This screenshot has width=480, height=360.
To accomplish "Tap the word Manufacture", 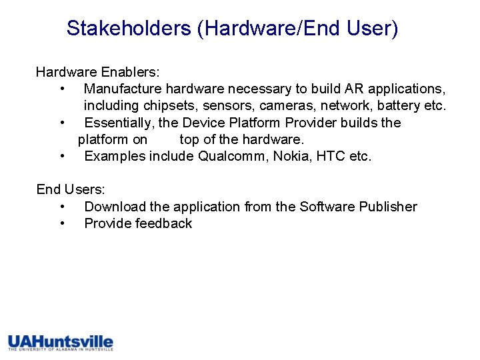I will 123,89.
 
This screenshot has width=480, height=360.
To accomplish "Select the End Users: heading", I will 71,190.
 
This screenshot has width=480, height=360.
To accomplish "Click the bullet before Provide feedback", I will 61,224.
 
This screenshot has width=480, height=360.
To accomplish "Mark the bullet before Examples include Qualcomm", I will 61,157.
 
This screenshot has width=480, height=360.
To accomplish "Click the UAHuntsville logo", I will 61,343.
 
